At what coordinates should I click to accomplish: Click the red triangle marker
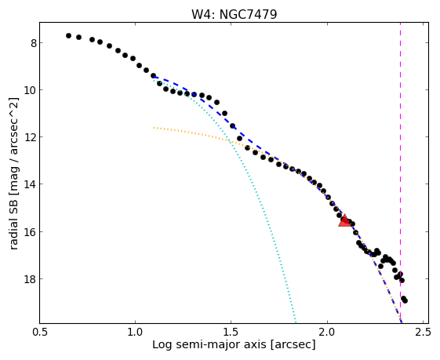(344, 221)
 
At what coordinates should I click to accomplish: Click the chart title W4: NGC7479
(234, 14)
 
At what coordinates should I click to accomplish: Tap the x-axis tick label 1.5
(231, 332)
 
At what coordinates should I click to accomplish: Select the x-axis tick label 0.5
(39, 332)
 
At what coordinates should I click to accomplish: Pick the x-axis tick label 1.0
(135, 332)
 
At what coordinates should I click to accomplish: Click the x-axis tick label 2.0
(328, 332)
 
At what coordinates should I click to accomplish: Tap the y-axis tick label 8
(34, 43)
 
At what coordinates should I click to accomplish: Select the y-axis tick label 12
(31, 137)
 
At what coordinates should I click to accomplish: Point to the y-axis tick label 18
(31, 279)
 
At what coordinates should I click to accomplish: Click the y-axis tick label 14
(31, 184)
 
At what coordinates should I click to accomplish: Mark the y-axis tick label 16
(31, 232)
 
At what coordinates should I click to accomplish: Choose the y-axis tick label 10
(31, 89)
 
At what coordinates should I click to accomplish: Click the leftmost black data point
(68, 35)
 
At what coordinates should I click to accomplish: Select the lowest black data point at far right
(405, 300)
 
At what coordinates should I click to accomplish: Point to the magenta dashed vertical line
(400, 173)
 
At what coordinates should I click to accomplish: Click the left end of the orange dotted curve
(154, 128)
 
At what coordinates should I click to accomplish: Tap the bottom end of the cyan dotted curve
(296, 322)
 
